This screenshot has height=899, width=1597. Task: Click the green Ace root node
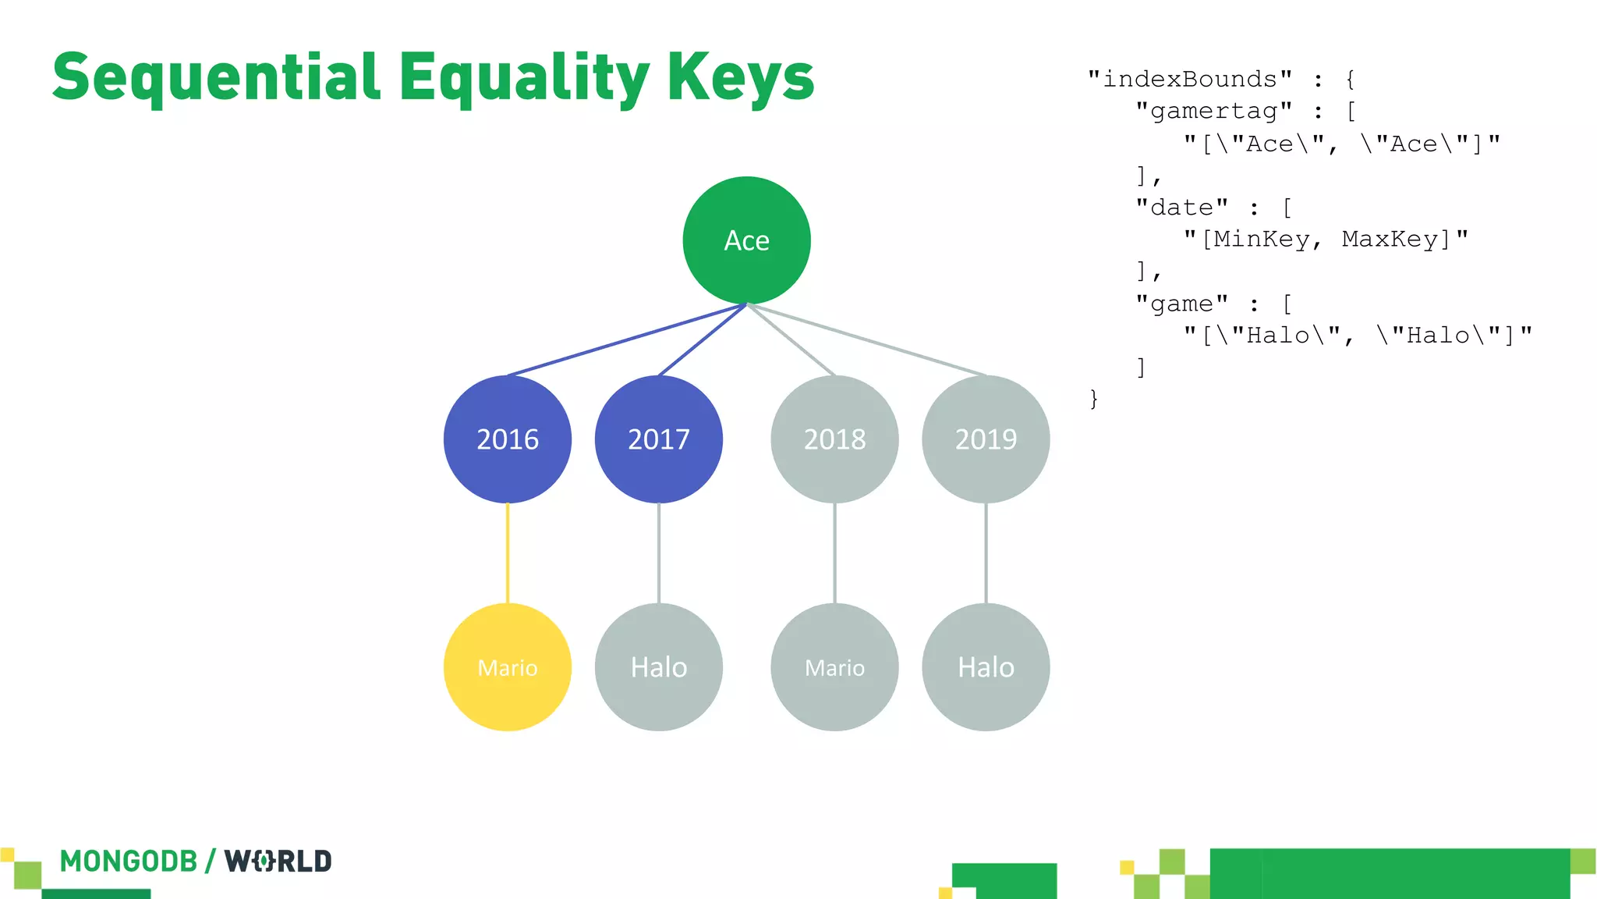[746, 240]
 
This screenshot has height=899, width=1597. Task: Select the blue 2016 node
[508, 439]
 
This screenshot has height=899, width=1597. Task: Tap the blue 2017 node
[659, 439]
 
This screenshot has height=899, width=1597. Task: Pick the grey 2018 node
[834, 439]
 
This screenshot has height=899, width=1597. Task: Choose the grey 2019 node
[986, 439]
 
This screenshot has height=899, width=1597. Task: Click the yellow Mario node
[508, 667]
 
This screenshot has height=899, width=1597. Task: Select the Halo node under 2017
[659, 667]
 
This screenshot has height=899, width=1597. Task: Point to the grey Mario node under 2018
[834, 667]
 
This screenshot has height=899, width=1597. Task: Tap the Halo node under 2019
[986, 667]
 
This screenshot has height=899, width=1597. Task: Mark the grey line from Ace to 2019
[866, 339]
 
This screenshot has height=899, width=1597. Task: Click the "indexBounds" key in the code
[1190, 79]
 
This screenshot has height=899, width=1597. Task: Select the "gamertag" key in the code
[1214, 111]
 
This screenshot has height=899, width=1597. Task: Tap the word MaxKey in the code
[1390, 239]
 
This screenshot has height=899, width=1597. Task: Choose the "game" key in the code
[1182, 304]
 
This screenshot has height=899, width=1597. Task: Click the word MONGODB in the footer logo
[129, 862]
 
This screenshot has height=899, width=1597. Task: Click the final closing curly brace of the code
[1094, 400]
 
